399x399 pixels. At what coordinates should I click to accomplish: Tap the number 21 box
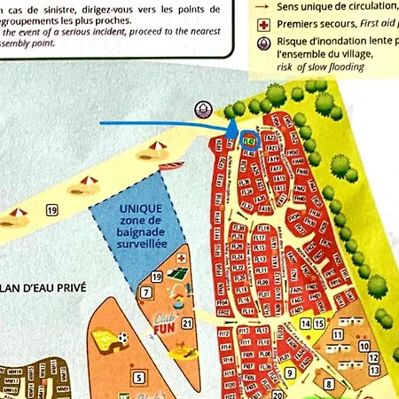coord(187,323)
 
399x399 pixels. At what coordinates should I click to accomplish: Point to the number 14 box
coord(306,324)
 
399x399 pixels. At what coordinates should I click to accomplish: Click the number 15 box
coord(319,324)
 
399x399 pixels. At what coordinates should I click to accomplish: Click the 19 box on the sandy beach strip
coord(52,209)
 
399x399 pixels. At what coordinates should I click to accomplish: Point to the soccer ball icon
coord(123,338)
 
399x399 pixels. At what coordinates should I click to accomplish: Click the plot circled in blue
coord(247,140)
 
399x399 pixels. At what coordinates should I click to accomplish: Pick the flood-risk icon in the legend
coord(263,43)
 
